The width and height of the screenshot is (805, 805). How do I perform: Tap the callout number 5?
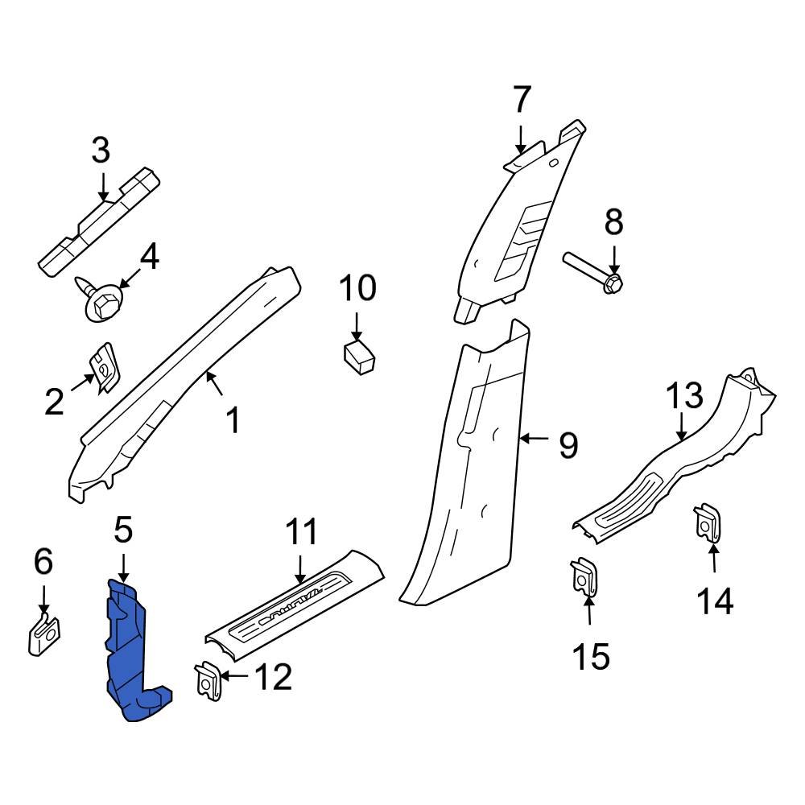122,530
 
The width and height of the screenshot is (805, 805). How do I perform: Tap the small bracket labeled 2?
104,367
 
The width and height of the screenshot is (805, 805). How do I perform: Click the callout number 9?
568,444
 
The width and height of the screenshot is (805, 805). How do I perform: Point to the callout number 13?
684,397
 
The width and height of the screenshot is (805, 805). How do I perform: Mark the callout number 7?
522,101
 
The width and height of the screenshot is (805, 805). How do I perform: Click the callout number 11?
301,534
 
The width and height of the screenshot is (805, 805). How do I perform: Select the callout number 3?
101,151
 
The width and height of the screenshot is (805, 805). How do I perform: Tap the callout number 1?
233,419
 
